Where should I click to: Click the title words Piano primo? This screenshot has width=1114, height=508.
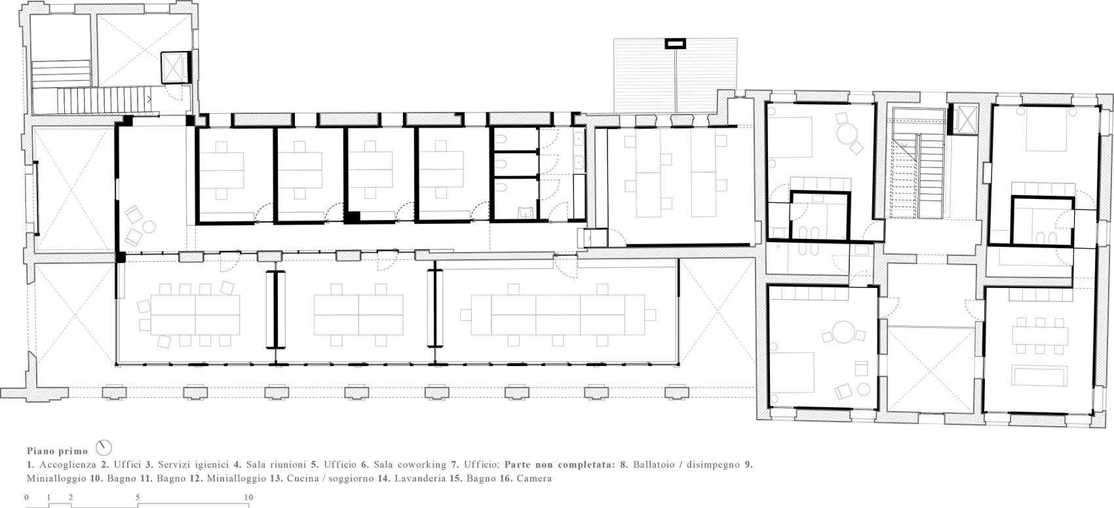[57, 451]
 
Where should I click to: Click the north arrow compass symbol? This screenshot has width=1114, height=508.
[104, 448]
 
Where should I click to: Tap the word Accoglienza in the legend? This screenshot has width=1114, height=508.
[67, 465]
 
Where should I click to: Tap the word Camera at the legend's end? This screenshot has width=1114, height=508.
[534, 479]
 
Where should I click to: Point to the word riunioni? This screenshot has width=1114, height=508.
[288, 465]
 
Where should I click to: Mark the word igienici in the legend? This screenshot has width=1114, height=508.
[210, 465]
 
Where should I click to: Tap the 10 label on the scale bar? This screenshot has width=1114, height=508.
[248, 497]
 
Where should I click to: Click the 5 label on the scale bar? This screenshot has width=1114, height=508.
[138, 497]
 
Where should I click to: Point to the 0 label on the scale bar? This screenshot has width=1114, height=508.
[27, 497]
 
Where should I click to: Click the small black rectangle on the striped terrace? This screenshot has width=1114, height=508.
[676, 44]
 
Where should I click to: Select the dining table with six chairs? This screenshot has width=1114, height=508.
[1040, 336]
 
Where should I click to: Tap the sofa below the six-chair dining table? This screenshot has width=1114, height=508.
[1039, 376]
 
